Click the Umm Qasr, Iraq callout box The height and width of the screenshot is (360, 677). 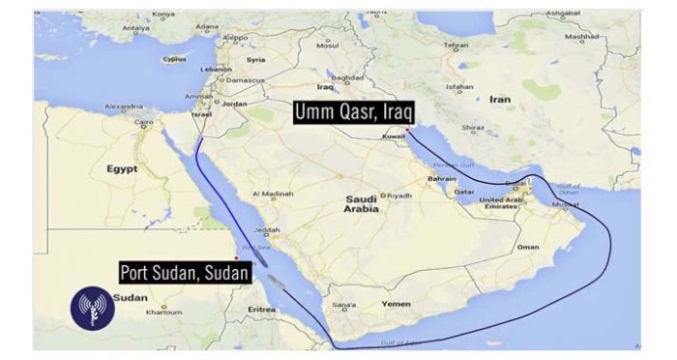[x=351, y=113]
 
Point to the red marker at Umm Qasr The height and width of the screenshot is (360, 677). [x=408, y=129]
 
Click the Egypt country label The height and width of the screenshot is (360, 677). [x=122, y=168]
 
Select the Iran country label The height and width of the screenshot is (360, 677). [x=499, y=100]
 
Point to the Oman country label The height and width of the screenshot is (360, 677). [x=529, y=247]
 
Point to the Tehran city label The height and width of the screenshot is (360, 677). [x=457, y=45]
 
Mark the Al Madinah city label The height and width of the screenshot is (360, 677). [x=271, y=194]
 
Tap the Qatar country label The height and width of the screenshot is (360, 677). [x=463, y=192]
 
